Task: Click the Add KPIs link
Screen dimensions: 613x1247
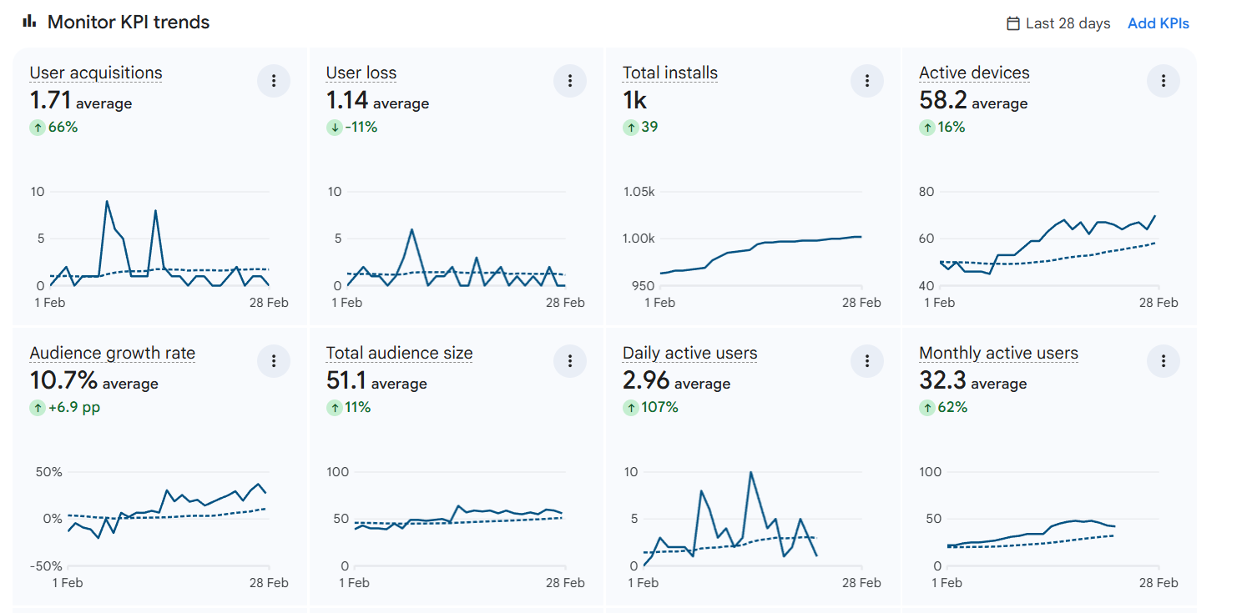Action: [1158, 23]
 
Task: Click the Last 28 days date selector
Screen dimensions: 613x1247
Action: [1058, 23]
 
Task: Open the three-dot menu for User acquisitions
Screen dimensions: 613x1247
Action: [274, 81]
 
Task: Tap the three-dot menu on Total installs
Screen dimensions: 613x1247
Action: [867, 81]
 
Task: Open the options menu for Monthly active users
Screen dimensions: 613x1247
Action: [1164, 361]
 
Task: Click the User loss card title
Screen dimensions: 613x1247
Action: [361, 73]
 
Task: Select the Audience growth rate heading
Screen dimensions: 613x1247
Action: [113, 354]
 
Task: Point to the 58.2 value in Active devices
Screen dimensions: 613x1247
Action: [943, 101]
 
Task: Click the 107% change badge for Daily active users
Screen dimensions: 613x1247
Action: [651, 408]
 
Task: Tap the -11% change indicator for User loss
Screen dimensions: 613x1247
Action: [354, 128]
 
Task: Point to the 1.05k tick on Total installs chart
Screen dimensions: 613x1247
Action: [639, 192]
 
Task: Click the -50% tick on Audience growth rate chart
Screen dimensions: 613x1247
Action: [46, 566]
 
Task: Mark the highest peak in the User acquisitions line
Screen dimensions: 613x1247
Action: [107, 201]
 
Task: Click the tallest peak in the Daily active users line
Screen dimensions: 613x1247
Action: [751, 472]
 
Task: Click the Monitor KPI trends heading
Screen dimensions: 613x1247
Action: [128, 23]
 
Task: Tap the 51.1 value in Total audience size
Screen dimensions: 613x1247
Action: [346, 381]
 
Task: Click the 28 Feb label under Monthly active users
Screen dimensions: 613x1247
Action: [1158, 583]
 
